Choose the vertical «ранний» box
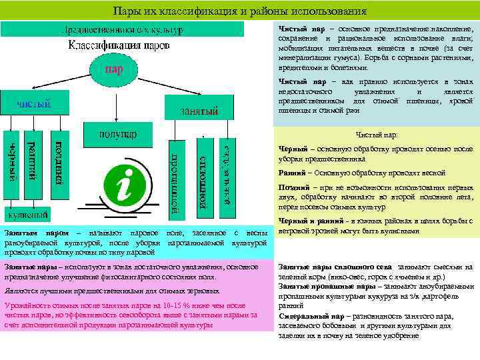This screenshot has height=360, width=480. tap(31, 163)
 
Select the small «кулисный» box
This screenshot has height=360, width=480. tap(27, 215)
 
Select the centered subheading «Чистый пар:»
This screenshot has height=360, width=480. tap(377, 134)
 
